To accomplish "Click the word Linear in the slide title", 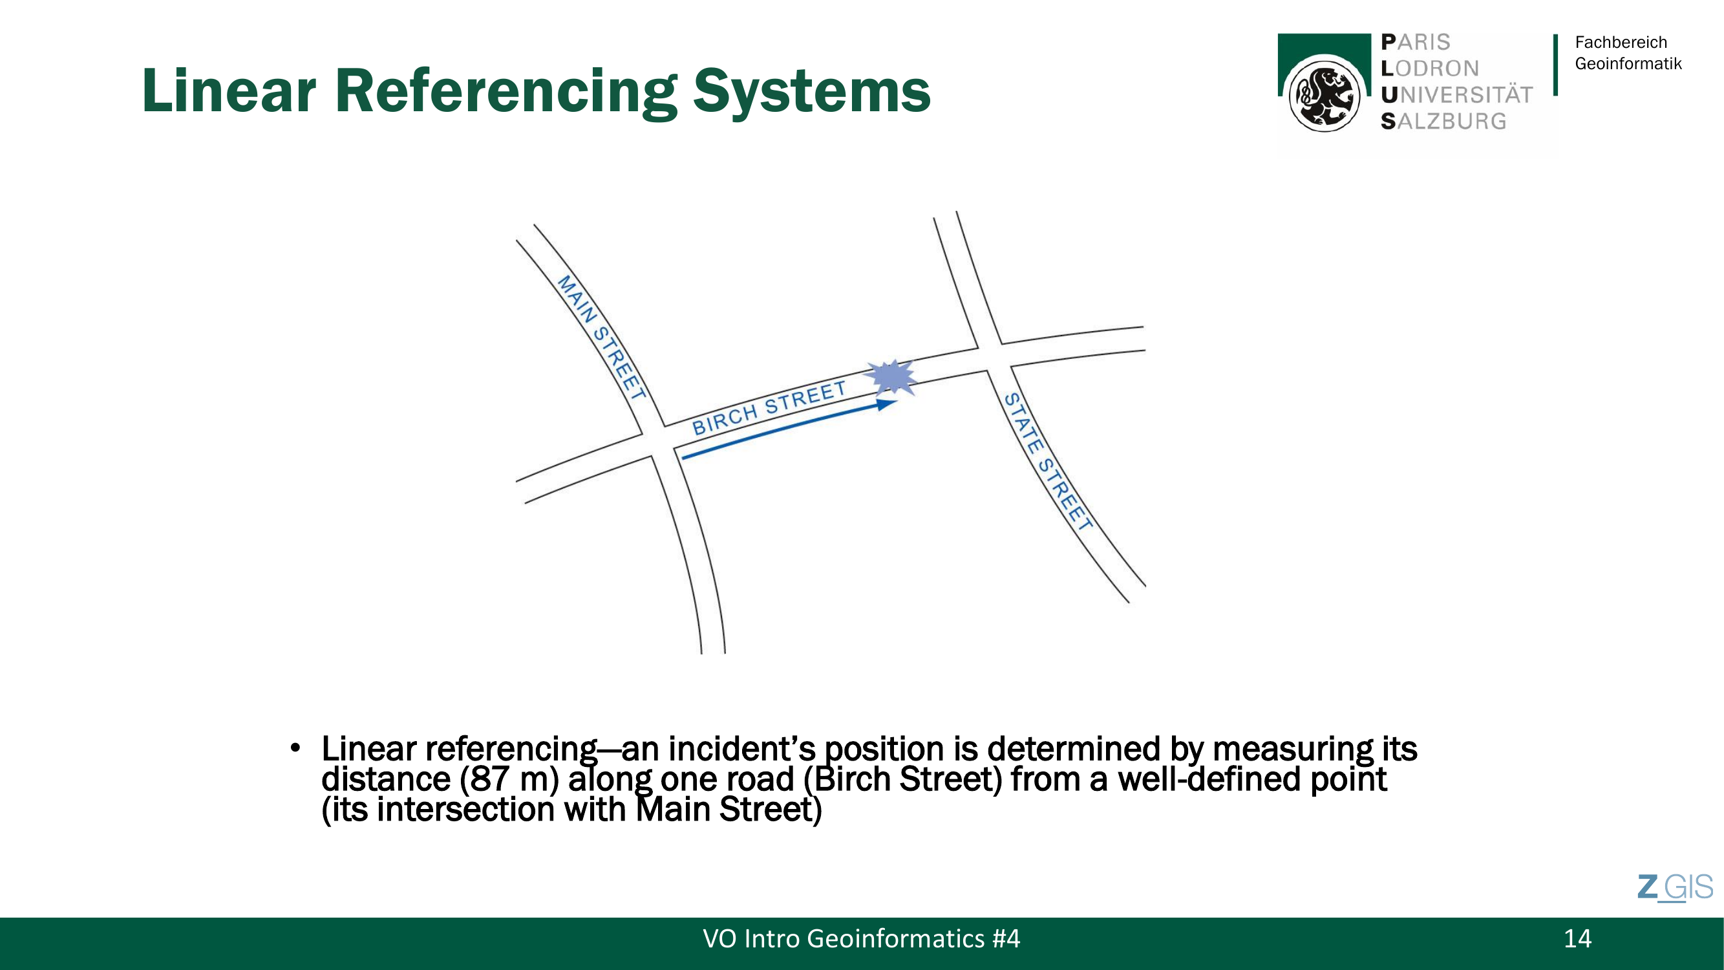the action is [229, 91].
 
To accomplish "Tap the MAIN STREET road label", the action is [602, 338].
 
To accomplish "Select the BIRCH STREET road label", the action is [769, 407].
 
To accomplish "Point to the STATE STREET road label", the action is [1048, 461].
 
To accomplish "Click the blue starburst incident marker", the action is [891, 378].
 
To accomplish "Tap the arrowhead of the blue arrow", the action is [887, 404].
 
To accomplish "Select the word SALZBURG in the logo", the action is [1443, 121].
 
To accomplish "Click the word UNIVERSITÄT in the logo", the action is [1457, 94].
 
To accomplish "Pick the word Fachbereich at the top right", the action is [1621, 42].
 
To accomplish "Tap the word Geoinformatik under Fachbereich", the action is [1628, 63].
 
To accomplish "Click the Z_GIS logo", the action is [1675, 888].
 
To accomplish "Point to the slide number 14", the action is [1577, 938].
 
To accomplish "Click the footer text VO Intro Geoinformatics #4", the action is [861, 938].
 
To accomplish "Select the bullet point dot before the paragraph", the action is [295, 748].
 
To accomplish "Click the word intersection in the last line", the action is [466, 809].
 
